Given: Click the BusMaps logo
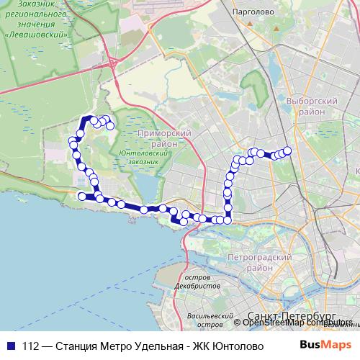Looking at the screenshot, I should point(326,345).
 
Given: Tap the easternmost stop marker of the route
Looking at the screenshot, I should point(287,150).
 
